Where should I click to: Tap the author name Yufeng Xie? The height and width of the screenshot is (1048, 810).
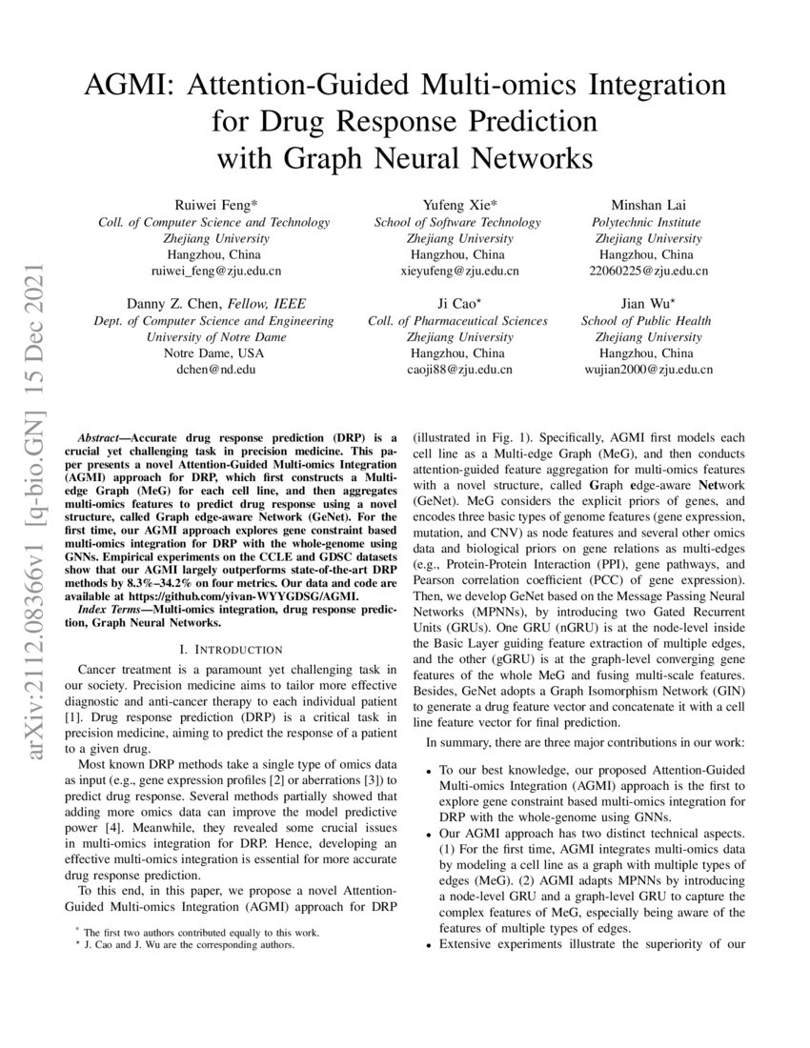pos(457,205)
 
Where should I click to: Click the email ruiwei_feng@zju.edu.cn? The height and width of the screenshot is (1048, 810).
pos(214,272)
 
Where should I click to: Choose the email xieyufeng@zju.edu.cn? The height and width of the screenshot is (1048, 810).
pos(457,272)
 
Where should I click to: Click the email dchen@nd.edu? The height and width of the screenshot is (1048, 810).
pos(214,370)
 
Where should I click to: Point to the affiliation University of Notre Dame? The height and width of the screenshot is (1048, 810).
pos(214,337)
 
